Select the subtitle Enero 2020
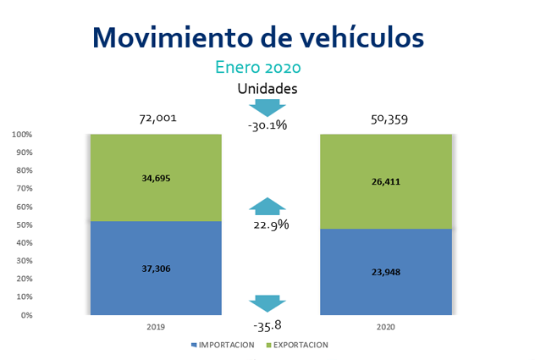point(257,67)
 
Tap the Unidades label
point(267,88)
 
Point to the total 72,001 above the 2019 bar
point(157,119)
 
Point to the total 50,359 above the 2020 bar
point(389,119)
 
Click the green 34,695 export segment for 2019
point(156,178)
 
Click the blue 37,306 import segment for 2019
point(156,268)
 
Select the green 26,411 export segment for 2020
point(385,181)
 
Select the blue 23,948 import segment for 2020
point(385,272)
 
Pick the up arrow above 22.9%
point(267,208)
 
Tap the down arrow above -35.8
point(267,303)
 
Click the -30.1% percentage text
point(267,125)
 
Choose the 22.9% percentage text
point(271,224)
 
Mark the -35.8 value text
point(267,325)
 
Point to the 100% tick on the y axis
point(22,135)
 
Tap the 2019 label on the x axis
point(156,327)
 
